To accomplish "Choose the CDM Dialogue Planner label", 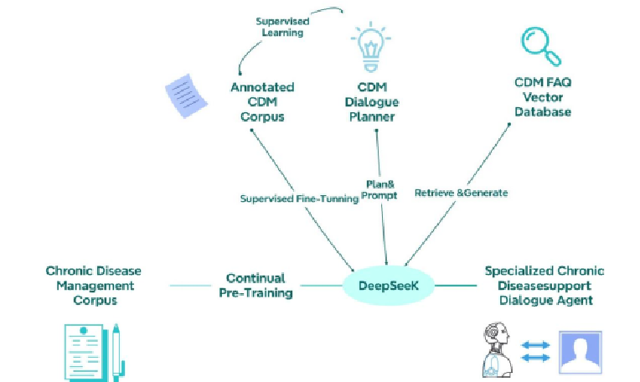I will click(373, 101).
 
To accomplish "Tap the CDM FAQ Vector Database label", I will click(542, 96).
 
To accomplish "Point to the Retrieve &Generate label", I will click(461, 192).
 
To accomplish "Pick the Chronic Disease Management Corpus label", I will click(93, 285).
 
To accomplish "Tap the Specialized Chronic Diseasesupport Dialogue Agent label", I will click(544, 285).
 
